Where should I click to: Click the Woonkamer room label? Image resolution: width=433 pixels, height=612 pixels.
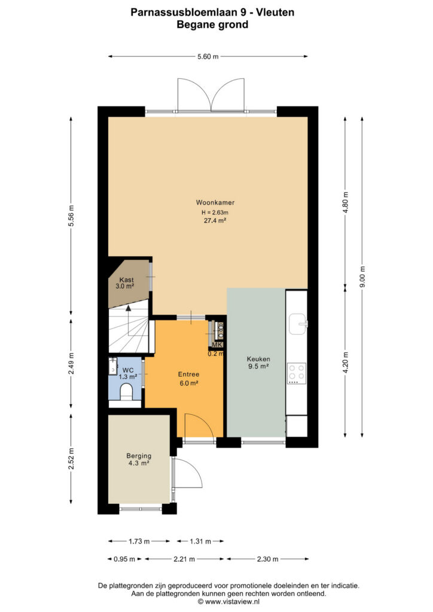215,203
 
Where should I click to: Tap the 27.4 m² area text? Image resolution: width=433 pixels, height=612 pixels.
215,221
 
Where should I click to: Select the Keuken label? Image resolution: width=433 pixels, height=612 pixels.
258,359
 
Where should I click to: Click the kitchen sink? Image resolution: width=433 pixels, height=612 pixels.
298,324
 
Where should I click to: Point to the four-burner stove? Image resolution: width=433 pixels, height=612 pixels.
297,373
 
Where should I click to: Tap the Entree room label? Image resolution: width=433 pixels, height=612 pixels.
188,374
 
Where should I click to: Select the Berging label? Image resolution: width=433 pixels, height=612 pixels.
139,455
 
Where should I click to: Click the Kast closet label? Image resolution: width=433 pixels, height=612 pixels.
127,280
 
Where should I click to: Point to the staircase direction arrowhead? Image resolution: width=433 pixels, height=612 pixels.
128,308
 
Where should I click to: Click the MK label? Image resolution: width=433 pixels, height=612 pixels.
217,345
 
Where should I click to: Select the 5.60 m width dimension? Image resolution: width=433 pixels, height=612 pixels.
208,57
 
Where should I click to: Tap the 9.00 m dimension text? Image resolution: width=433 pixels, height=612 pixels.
362,277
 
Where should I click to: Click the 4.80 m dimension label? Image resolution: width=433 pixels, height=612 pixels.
345,203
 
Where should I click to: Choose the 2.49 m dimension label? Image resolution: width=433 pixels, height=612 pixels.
71,363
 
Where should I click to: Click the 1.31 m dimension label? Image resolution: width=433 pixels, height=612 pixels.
200,541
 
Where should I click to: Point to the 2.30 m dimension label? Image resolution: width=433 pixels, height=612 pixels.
267,559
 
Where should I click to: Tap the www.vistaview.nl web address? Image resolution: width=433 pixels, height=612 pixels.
232,602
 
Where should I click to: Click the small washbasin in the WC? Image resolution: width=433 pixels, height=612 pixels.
113,366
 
